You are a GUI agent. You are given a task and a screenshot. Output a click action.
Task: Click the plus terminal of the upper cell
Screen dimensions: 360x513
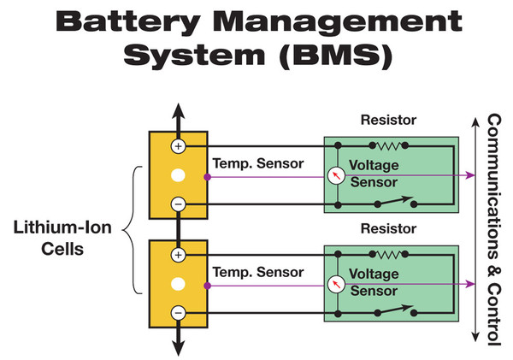(178, 146)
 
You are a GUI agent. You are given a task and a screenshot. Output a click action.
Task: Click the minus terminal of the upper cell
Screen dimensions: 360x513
(178, 204)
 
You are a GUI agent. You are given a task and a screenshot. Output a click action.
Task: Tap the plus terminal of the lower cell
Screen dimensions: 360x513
(178, 255)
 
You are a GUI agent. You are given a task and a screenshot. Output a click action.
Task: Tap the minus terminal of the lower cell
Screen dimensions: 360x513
(178, 313)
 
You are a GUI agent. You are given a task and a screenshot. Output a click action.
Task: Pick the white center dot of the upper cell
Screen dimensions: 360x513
(178, 175)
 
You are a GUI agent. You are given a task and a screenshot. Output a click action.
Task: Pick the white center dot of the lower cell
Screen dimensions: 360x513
(178, 284)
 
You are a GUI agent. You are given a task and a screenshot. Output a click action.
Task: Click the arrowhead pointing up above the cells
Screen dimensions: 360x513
(178, 111)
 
